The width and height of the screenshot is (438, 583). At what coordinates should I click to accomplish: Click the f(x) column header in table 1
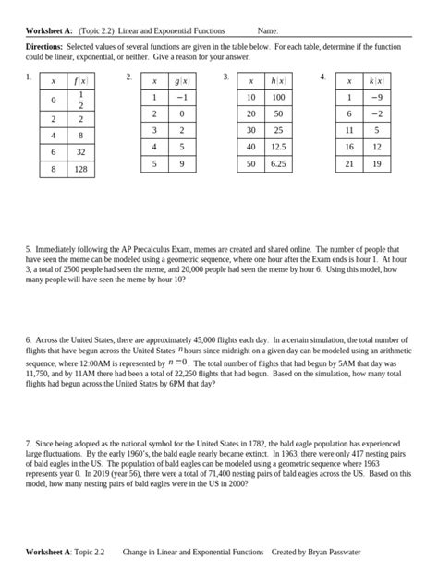[80, 81]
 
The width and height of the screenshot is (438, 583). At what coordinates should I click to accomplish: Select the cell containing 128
[80, 170]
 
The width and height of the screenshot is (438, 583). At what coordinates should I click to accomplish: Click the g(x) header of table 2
[181, 81]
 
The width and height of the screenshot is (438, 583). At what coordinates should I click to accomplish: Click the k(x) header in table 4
[377, 81]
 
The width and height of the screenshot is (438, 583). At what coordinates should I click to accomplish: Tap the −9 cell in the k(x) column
[377, 97]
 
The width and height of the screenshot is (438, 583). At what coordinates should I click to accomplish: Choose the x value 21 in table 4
[349, 162]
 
